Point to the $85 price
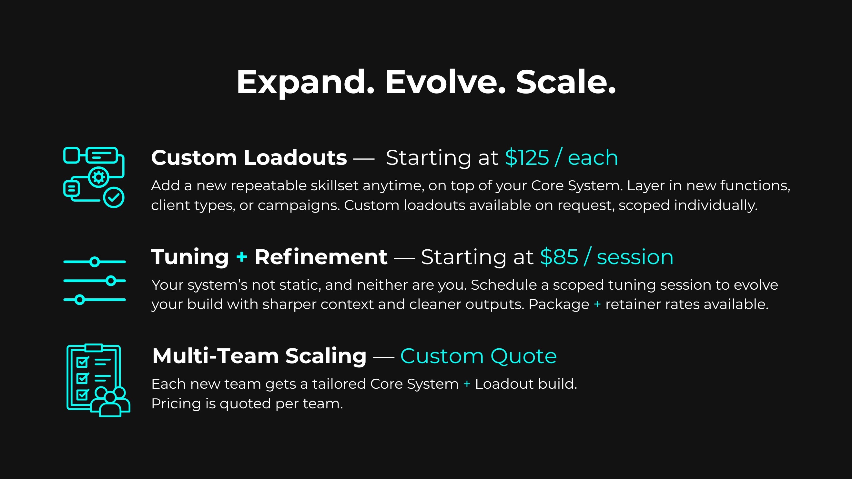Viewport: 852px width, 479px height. tap(559, 257)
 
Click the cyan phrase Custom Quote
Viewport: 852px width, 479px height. tap(478, 356)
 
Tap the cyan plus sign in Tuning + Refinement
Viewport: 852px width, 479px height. tap(242, 256)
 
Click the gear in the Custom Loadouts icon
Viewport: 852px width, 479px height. tap(98, 177)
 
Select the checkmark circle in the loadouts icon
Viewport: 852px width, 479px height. tap(114, 198)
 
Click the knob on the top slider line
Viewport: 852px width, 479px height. tap(95, 262)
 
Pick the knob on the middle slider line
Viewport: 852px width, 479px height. tap(111, 281)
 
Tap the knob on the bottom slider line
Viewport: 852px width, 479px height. tap(79, 300)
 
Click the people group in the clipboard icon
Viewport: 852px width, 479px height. tap(110, 402)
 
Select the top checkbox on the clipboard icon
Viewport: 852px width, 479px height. tap(82, 362)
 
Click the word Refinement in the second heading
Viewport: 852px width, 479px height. tap(320, 257)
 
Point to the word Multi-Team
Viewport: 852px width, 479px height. tap(215, 356)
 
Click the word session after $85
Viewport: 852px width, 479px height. tap(635, 257)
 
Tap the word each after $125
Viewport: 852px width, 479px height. tap(593, 158)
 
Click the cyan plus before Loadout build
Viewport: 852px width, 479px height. tap(467, 384)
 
